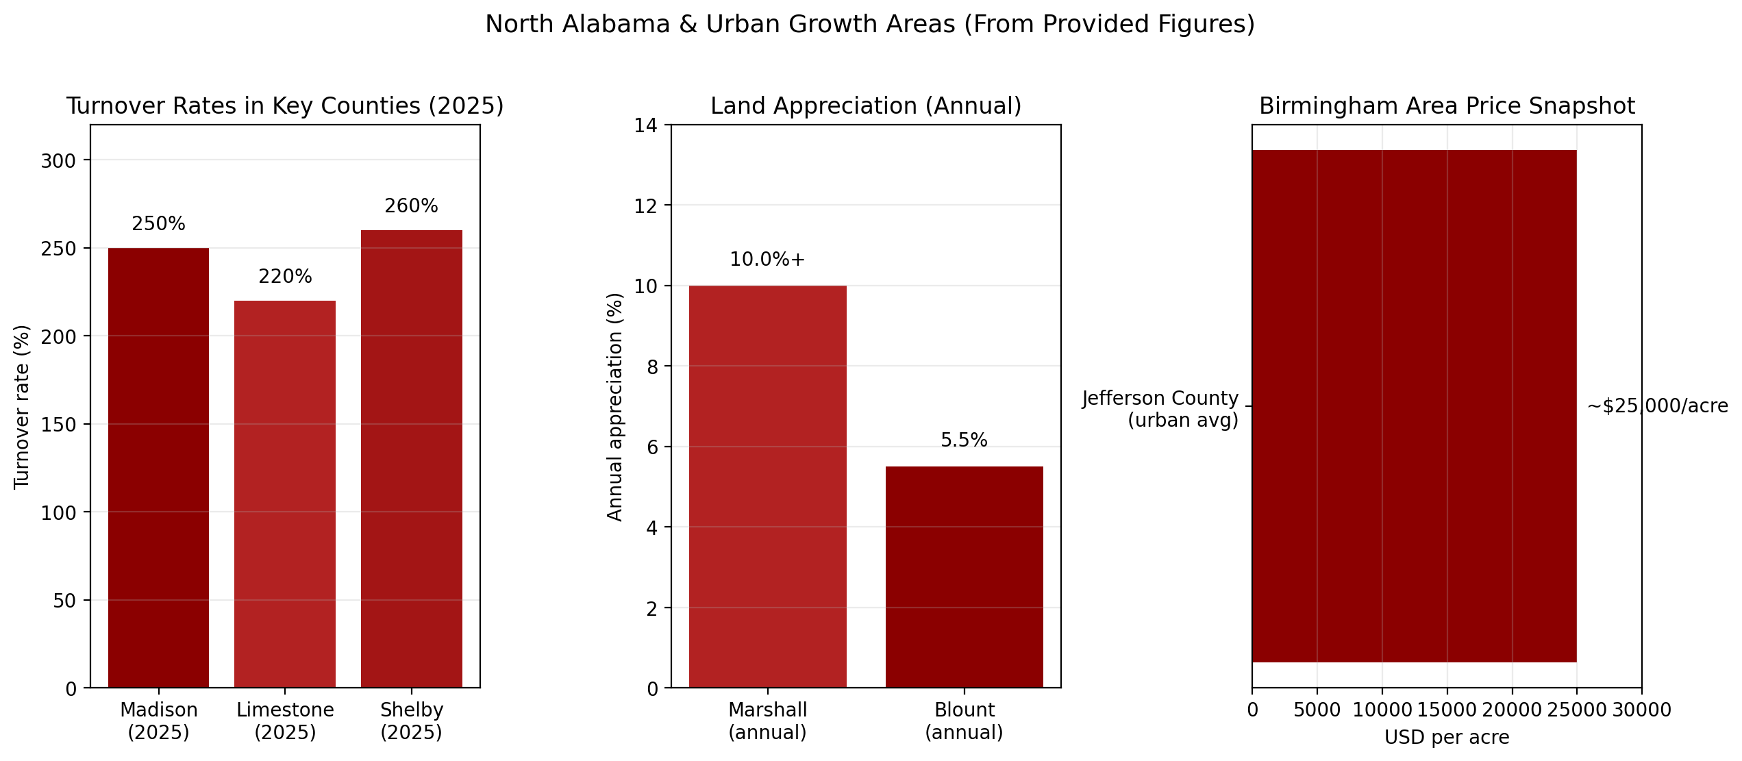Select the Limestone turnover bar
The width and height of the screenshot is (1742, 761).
click(x=285, y=494)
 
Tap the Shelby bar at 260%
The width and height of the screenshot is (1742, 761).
click(x=411, y=459)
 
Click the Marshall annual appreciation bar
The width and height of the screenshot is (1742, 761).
click(x=767, y=486)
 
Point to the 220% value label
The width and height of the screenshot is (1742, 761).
click(x=285, y=277)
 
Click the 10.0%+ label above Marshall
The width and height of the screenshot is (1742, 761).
click(x=767, y=260)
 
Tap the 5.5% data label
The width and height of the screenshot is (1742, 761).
click(x=964, y=440)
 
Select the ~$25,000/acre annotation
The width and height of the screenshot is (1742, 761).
click(x=1657, y=406)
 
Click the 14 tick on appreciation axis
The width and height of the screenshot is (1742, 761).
click(x=645, y=125)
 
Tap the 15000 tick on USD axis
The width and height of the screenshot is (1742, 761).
click(x=1447, y=710)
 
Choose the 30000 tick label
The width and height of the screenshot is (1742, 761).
click(x=1641, y=710)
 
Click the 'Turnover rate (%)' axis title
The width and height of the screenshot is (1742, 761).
click(x=22, y=407)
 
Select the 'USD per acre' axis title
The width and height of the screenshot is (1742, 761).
click(x=1447, y=738)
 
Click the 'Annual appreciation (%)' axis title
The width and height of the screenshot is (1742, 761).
click(x=615, y=407)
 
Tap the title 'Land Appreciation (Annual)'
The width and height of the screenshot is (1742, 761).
click(x=866, y=106)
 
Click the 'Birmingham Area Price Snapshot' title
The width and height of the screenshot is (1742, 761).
click(x=1447, y=106)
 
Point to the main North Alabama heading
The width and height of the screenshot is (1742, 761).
click(x=870, y=25)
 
